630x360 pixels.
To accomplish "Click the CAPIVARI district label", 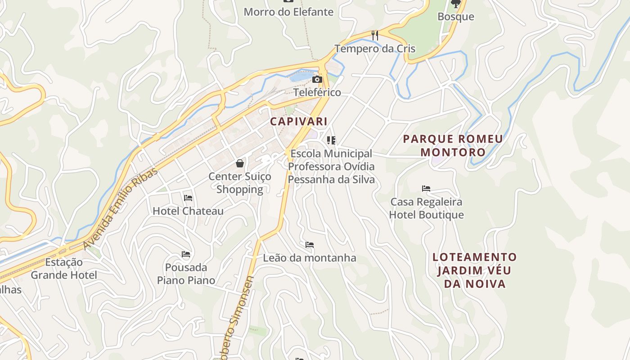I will [298, 121].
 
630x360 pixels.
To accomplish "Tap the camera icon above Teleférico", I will [317, 80].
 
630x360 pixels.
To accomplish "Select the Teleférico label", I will [317, 93].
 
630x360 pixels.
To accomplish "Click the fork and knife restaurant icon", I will [374, 35].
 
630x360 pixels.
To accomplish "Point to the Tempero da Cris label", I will [375, 49].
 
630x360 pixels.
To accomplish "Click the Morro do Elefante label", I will [288, 12].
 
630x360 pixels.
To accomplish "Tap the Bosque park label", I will [456, 17].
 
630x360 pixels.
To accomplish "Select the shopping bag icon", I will [240, 163].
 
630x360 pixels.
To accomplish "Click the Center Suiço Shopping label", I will [240, 183].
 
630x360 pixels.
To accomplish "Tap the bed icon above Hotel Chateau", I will [188, 198].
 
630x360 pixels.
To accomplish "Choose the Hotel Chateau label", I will [188, 211].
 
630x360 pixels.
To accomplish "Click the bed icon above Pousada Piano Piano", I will [186, 254].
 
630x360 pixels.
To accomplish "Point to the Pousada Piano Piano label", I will [186, 274].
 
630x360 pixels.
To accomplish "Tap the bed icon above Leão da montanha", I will [310, 245].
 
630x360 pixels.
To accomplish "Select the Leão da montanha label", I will [310, 258].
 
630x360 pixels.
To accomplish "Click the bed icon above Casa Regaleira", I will [426, 188].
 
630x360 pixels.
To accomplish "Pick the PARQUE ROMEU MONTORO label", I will [453, 145].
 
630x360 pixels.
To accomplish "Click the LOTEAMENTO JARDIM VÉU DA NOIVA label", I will [475, 270].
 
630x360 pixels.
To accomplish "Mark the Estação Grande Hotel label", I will [64, 269].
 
